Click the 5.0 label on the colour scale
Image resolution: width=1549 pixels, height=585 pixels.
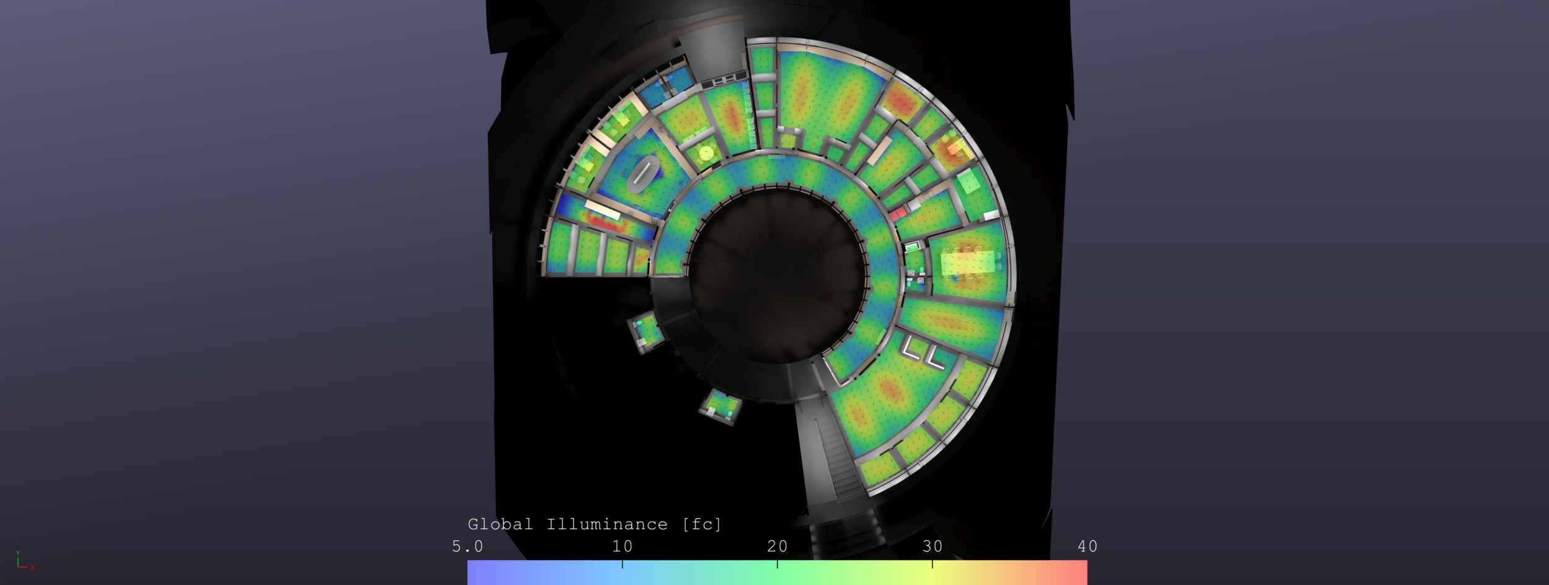tap(467, 546)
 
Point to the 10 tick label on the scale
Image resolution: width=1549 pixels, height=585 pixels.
tap(622, 546)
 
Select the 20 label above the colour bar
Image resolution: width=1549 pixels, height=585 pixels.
tap(777, 546)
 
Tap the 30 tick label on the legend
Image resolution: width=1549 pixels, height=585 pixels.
tap(932, 546)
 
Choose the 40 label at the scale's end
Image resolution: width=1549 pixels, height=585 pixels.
tap(1087, 546)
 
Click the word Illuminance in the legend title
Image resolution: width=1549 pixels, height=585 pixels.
tap(607, 524)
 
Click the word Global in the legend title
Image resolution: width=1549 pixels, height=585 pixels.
tap(500, 524)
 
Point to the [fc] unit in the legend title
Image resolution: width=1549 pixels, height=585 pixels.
tap(701, 524)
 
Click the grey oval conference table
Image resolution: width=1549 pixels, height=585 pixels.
tap(642, 173)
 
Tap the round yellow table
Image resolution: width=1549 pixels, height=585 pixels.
tap(706, 152)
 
